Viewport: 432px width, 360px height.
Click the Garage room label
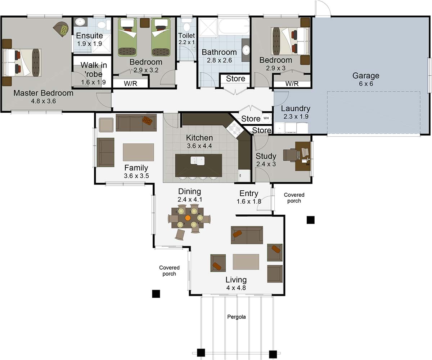pyautogui.click(x=365, y=76)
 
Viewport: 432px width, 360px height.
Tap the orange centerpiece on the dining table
pyautogui.click(x=188, y=218)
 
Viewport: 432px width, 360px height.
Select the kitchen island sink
pyautogui.click(x=197, y=160)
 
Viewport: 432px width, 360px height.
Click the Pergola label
pyautogui.click(x=237, y=317)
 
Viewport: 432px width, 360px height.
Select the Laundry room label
pyautogui.click(x=295, y=108)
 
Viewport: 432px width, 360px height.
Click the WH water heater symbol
pyautogui.click(x=266, y=118)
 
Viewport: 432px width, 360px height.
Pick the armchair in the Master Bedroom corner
pyautogui.click(x=62, y=28)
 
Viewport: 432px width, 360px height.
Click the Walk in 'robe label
pyautogui.click(x=93, y=70)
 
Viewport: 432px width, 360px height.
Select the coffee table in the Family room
pyautogui.click(x=138, y=152)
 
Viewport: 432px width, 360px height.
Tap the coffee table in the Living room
pyautogui.click(x=246, y=262)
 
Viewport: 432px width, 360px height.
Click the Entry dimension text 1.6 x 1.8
pyautogui.click(x=249, y=201)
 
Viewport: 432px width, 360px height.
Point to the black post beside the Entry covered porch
pyautogui.click(x=310, y=220)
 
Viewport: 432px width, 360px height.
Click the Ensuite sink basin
pyautogui.click(x=80, y=22)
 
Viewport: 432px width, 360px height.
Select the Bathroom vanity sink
pyautogui.click(x=246, y=50)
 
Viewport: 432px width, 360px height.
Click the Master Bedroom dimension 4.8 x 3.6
pyautogui.click(x=43, y=101)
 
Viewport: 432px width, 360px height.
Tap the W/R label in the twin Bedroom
pyautogui.click(x=130, y=84)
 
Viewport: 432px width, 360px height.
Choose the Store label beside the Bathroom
pyautogui.click(x=235, y=79)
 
